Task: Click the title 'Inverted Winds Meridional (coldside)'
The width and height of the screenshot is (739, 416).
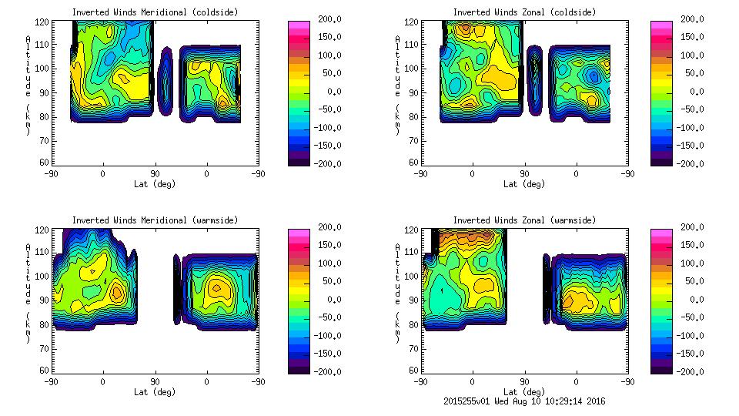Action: click(x=155, y=12)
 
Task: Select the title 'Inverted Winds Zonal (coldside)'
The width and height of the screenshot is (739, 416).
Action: click(x=524, y=12)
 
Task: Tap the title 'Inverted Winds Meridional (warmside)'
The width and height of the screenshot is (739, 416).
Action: click(x=155, y=220)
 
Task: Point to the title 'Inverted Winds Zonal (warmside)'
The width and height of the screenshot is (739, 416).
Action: click(x=524, y=220)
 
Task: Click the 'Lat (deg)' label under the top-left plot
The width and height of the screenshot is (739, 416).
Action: click(x=155, y=184)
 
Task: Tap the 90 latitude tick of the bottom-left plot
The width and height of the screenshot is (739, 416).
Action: click(x=155, y=381)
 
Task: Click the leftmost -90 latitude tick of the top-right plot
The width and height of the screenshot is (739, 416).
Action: click(x=420, y=173)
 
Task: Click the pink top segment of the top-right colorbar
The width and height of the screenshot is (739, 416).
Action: click(x=660, y=25)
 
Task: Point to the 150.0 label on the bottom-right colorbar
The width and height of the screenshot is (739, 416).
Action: click(x=697, y=245)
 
